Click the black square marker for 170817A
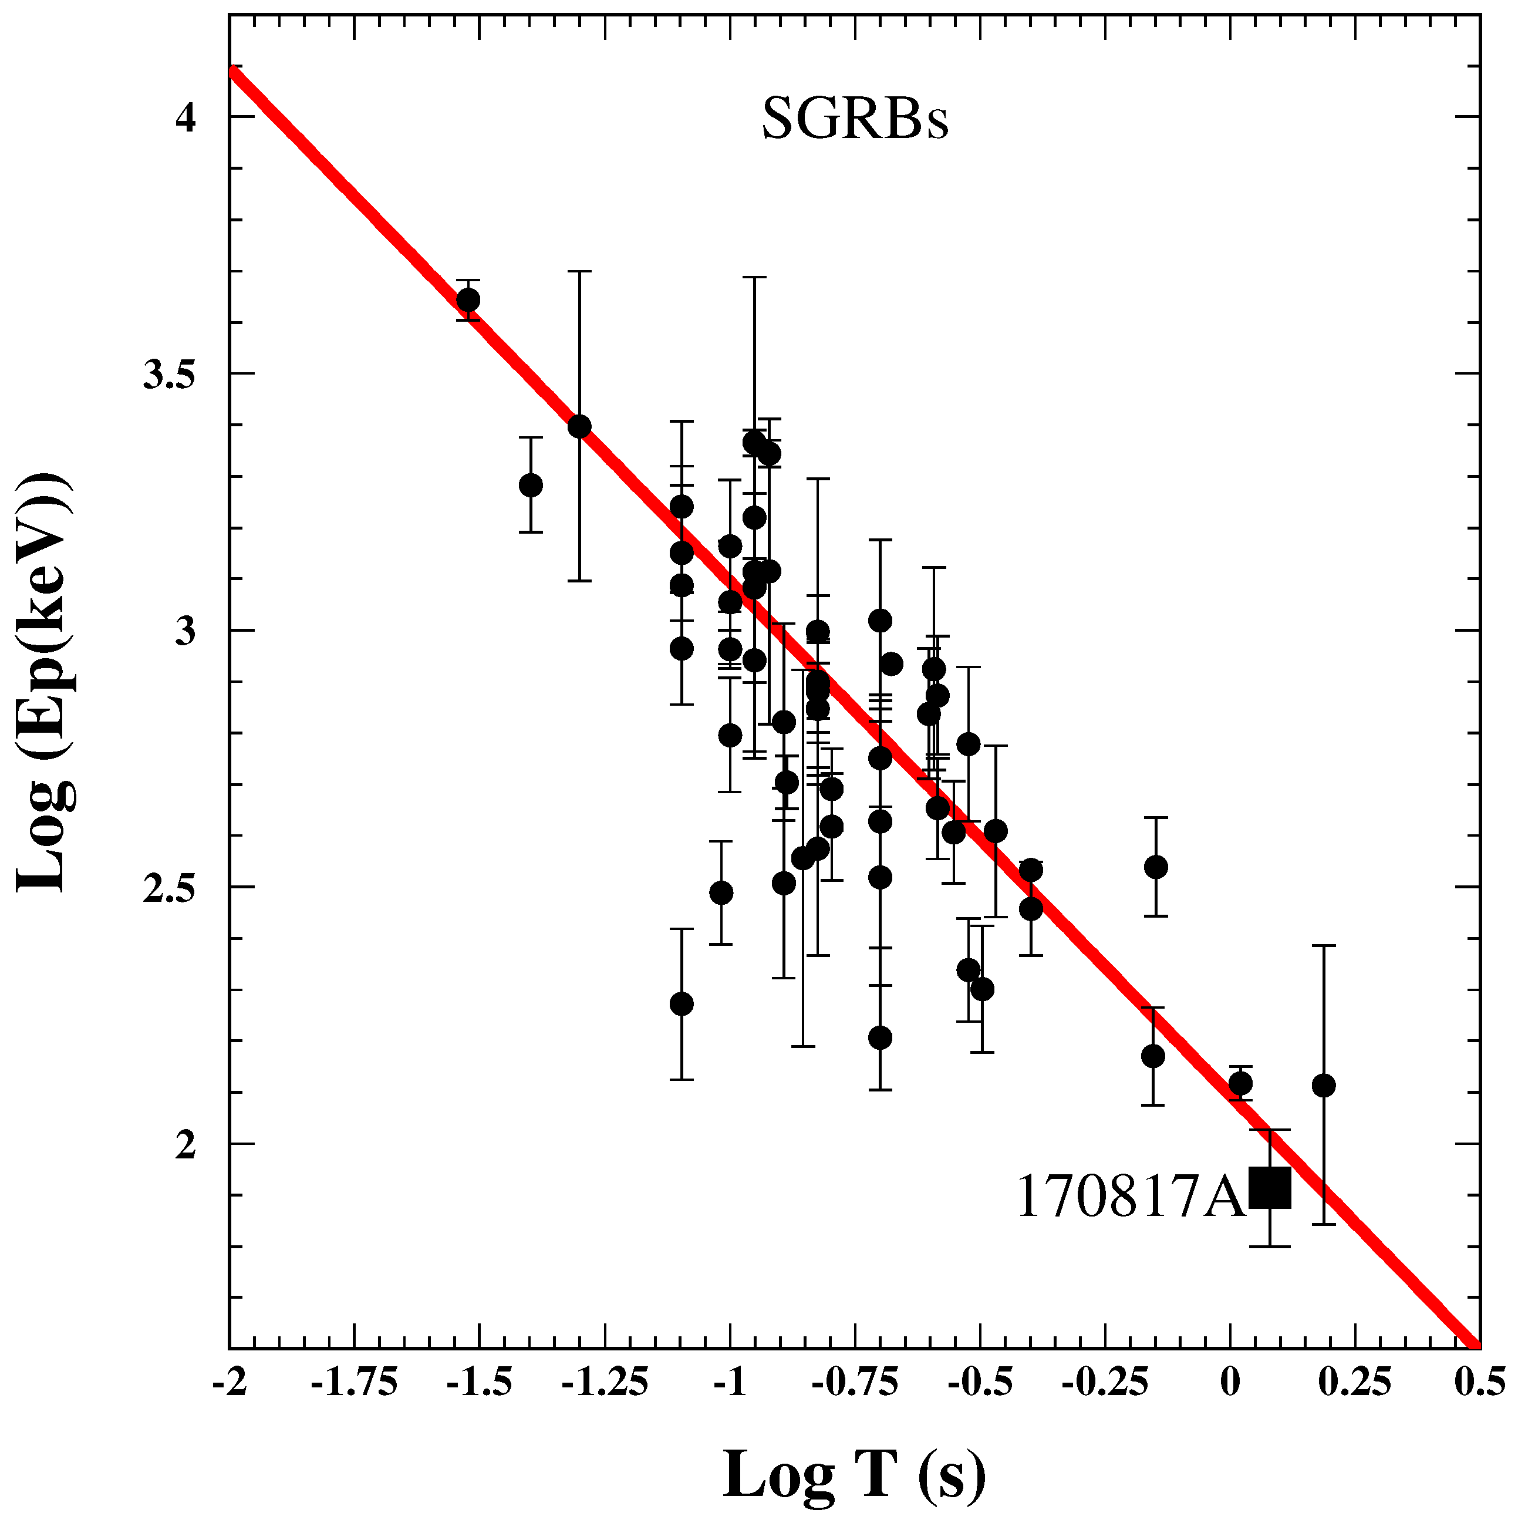click(1270, 1209)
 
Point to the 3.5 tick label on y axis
click(167, 375)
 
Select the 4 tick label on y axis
click(184, 117)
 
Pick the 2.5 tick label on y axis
click(167, 888)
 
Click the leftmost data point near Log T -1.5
click(468, 301)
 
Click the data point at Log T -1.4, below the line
click(531, 485)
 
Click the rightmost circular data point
click(1324, 1086)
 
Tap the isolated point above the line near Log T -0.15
click(1155, 867)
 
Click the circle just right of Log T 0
click(1240, 1084)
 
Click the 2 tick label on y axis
click(184, 1145)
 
